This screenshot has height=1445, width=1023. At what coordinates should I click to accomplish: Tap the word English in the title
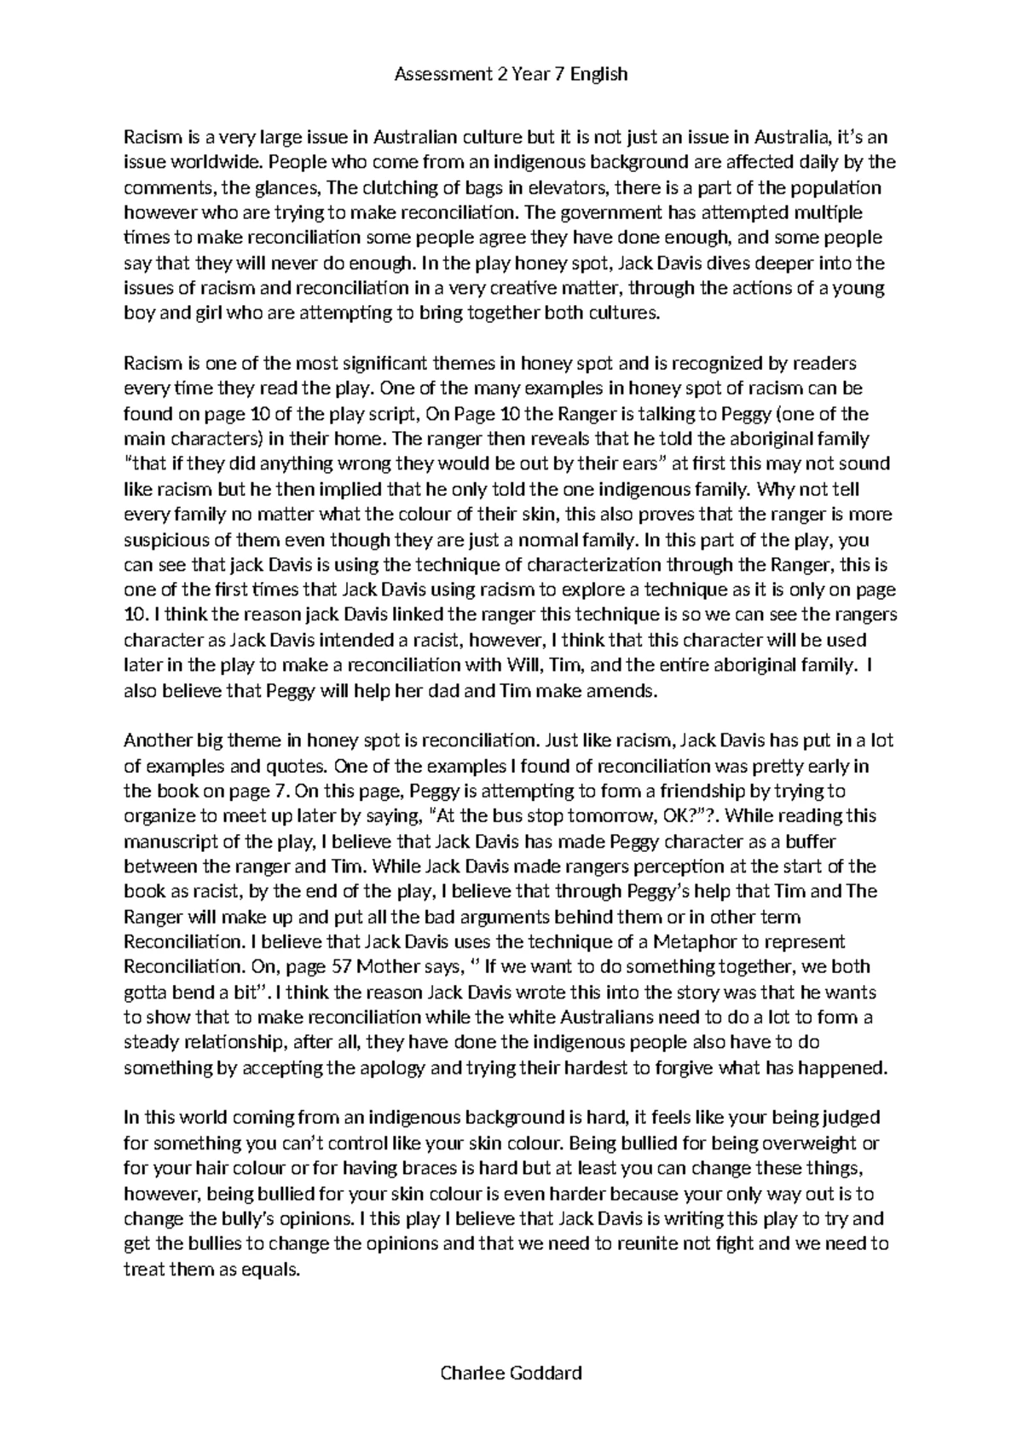599,74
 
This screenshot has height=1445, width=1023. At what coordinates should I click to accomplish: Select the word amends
633,691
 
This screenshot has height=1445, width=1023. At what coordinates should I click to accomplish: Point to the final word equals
271,1269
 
